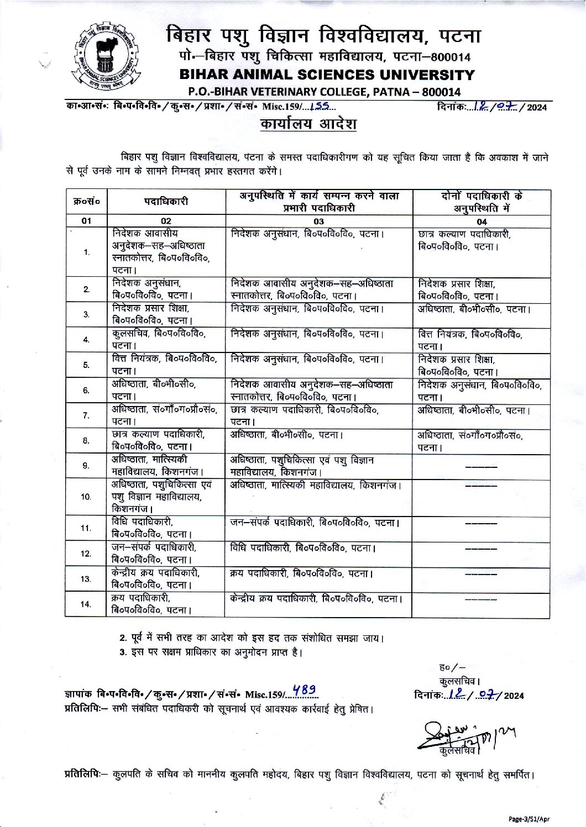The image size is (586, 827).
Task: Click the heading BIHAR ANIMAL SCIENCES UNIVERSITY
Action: pos(327,75)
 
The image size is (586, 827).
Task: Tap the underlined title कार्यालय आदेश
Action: pos(308,124)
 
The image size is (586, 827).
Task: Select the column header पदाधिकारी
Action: pos(166,202)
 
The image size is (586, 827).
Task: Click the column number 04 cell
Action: pos(482,222)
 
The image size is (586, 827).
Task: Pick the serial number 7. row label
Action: pos(86,415)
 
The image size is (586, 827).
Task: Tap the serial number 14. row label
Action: pos(86,604)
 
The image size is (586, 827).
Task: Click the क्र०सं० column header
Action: pos(86,202)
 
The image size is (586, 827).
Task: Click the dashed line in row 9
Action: pos(481,467)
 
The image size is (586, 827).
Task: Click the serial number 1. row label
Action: pos(86,252)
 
